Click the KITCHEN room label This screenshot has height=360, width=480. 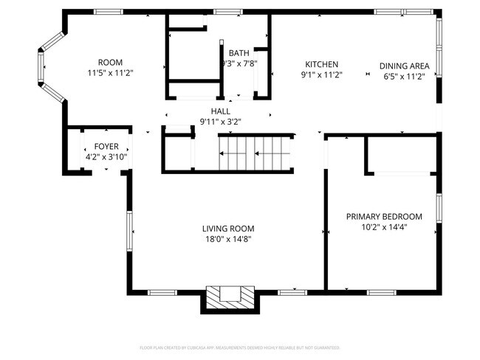click(322, 64)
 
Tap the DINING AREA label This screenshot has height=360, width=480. click(404, 65)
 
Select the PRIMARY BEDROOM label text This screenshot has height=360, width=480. click(384, 216)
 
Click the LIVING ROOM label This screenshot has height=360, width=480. click(228, 228)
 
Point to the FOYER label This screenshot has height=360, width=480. click(106, 146)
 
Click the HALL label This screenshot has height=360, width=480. click(220, 111)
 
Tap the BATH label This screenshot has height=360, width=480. click(239, 53)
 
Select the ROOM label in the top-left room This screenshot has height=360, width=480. click(110, 62)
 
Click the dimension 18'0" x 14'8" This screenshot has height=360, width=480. click(228, 239)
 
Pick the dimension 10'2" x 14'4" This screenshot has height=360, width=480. click(384, 227)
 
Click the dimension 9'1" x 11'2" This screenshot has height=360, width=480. click(322, 75)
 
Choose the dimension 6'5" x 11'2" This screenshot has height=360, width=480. click(404, 76)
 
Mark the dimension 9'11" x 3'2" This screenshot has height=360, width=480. click(220, 122)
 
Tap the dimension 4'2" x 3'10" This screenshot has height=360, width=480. click(106, 157)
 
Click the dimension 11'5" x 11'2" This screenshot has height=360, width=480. click(110, 73)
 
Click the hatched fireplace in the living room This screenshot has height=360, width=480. click(230, 297)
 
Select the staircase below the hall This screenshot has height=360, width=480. click(256, 153)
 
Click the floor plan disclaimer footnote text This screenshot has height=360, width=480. click(239, 347)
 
